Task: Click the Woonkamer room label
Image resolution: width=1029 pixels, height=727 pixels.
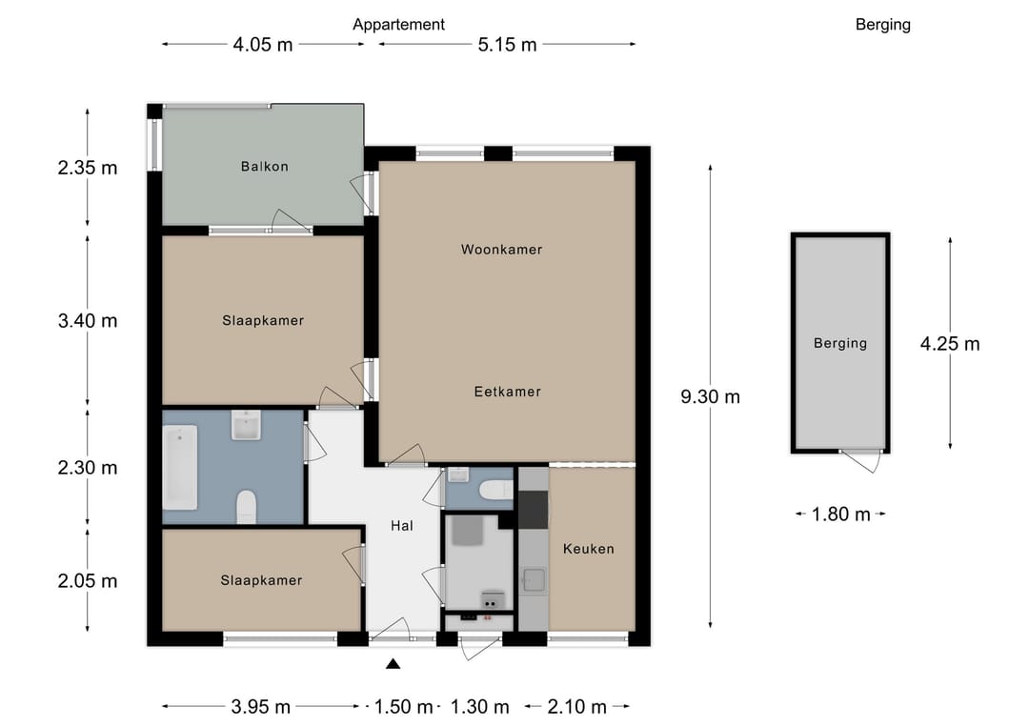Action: click(x=501, y=250)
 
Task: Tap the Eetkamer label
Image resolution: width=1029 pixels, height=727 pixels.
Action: click(x=507, y=392)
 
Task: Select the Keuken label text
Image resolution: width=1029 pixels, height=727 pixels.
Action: click(x=589, y=549)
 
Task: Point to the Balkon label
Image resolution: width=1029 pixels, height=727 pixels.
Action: click(x=265, y=167)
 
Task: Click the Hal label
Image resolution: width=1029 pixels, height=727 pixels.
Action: click(x=402, y=526)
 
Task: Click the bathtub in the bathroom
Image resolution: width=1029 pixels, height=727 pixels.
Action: click(x=180, y=467)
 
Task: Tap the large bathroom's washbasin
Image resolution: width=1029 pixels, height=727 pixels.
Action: click(x=246, y=425)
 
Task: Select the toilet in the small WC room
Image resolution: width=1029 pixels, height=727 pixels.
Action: click(x=496, y=490)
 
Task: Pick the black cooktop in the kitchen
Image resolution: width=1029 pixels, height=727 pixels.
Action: click(x=533, y=510)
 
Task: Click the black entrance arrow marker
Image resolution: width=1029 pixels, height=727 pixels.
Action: click(x=393, y=664)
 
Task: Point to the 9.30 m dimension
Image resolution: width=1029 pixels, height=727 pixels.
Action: click(x=710, y=397)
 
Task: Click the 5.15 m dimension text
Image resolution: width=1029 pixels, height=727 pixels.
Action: click(x=507, y=45)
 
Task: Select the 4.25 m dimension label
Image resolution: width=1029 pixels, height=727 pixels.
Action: click(x=950, y=344)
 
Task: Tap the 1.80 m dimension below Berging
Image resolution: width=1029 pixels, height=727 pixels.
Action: click(x=840, y=515)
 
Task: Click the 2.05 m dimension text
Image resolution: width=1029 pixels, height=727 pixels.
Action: click(x=88, y=581)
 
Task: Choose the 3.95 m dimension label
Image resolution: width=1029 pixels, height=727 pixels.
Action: click(x=260, y=707)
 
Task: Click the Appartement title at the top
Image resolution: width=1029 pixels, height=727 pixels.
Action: click(x=398, y=25)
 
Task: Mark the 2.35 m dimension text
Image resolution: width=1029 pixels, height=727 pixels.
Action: click(x=88, y=168)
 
